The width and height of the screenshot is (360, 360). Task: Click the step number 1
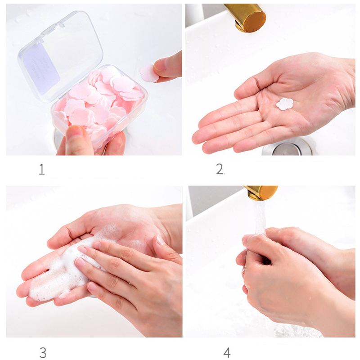(x=41, y=170)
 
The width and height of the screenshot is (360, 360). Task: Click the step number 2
(x=220, y=169)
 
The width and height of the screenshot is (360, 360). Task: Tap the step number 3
(x=43, y=352)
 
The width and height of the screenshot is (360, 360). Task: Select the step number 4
(x=227, y=352)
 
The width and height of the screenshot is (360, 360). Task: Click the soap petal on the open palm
(x=285, y=104)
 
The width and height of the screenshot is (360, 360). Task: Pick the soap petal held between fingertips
(x=148, y=73)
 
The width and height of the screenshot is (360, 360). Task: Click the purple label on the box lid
(x=42, y=68)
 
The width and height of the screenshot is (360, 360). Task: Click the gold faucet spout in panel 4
(x=261, y=193)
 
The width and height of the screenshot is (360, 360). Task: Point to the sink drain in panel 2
(x=287, y=148)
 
